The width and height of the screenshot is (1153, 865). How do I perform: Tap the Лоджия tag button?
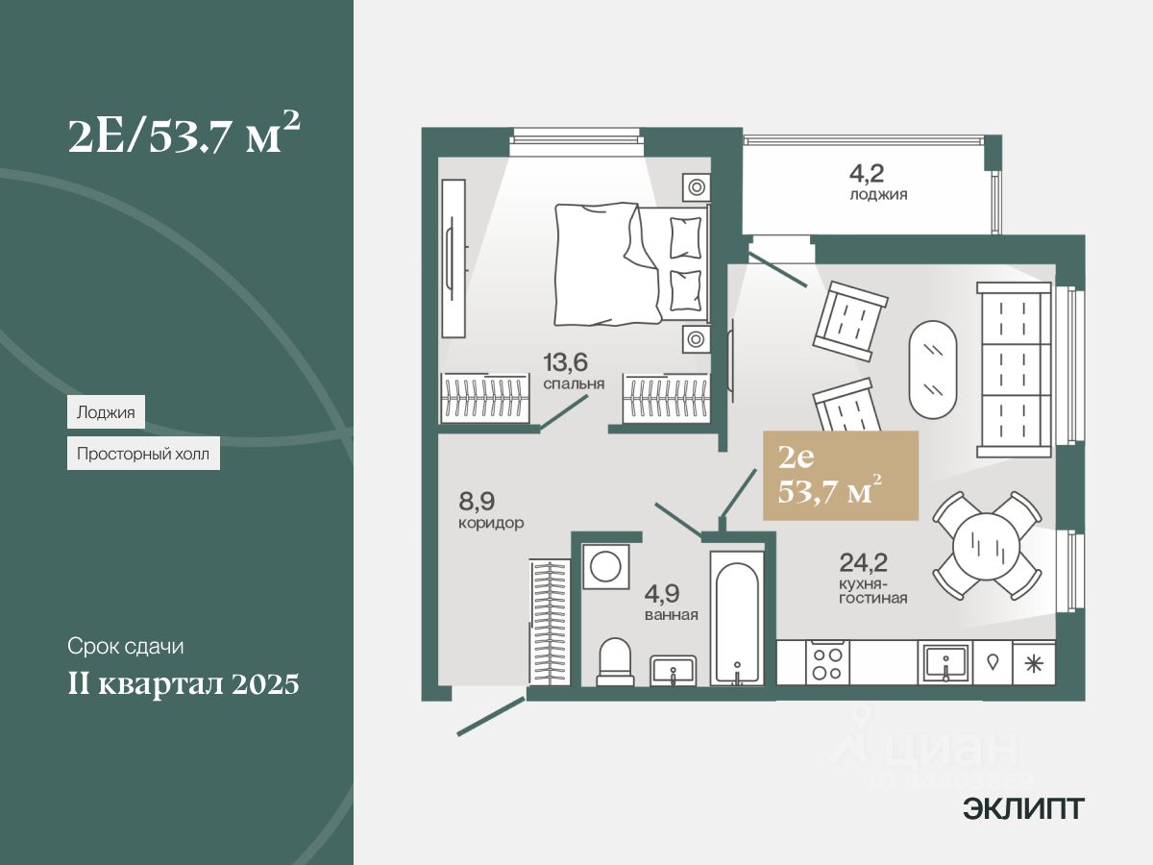(106, 413)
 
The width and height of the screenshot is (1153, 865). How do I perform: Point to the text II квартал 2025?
(184, 684)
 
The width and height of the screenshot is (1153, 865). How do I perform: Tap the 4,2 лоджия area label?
(878, 182)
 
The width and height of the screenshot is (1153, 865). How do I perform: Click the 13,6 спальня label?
(573, 371)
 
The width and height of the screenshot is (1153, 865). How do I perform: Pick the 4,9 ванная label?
(671, 604)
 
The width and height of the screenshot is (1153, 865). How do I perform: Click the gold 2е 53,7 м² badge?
(840, 476)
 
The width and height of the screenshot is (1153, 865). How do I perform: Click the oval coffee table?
(933, 368)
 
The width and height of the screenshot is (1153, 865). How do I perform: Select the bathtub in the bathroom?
(737, 615)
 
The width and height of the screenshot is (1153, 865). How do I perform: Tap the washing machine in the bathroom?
(606, 567)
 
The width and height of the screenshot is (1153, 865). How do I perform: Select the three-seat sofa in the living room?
(1014, 369)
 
